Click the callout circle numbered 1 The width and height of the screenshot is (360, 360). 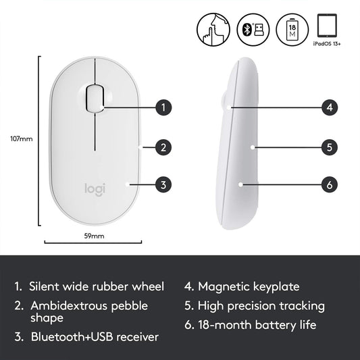(x=163, y=107)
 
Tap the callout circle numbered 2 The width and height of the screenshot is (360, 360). (x=163, y=147)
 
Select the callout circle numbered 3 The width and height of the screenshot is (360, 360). (x=163, y=183)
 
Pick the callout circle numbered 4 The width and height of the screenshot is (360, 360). (x=329, y=107)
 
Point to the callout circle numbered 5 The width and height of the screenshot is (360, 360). (x=329, y=146)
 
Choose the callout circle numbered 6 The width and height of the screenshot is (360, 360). (x=329, y=183)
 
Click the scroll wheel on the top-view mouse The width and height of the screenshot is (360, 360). (x=96, y=96)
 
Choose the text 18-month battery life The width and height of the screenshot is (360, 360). (x=256, y=326)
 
